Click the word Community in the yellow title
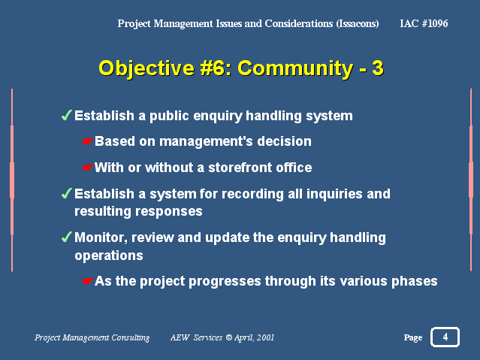(295, 68)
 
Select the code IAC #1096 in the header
(424, 23)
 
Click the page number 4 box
(445, 337)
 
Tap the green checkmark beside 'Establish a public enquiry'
(66, 115)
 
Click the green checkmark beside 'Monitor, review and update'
(66, 237)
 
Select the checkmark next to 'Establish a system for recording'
(66, 193)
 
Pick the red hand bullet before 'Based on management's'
(88, 141)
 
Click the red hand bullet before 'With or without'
(88, 168)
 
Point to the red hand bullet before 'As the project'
(88, 281)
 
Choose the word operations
(109, 256)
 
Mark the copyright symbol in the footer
(228, 337)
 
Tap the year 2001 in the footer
(265, 337)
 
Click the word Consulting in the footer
(130, 337)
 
